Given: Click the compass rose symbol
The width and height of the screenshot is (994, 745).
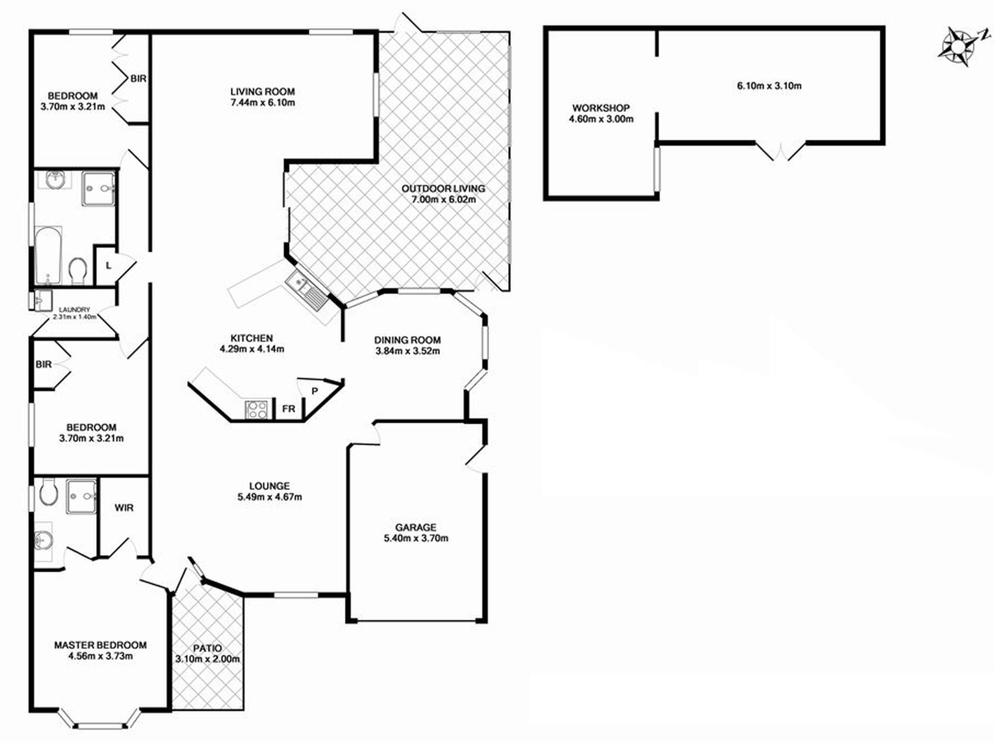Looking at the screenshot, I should click(x=958, y=49).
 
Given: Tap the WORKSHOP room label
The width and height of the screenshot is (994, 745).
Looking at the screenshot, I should click(x=601, y=108).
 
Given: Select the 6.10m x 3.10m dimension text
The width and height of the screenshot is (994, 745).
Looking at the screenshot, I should click(x=769, y=86).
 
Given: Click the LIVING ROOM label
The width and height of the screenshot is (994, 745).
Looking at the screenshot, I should click(x=263, y=92).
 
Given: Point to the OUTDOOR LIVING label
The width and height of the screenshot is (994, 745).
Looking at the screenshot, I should click(x=443, y=188).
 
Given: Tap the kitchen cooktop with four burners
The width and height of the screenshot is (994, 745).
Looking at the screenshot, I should click(x=256, y=409).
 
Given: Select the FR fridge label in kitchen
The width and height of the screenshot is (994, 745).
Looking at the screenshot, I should click(x=288, y=409).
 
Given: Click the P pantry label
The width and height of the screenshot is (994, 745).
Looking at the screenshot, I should click(x=315, y=391).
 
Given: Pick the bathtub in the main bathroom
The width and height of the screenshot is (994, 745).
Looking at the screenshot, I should click(x=48, y=255).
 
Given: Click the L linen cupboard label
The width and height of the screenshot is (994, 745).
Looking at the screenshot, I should click(x=108, y=266).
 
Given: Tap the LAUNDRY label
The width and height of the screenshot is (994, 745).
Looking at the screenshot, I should click(x=74, y=310).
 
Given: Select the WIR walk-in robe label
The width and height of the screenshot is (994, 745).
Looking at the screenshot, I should click(x=124, y=508).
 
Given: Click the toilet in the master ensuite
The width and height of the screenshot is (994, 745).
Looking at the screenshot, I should click(x=48, y=492).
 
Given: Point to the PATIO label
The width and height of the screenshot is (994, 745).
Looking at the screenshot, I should click(x=207, y=648).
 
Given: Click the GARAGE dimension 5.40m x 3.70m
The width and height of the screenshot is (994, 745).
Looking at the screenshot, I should click(x=416, y=538).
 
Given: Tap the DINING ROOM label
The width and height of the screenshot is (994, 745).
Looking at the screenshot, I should click(x=408, y=340).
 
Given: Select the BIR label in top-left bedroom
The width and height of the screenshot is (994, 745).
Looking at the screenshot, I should click(x=138, y=78).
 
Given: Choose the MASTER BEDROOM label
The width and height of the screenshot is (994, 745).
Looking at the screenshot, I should click(x=100, y=645).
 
